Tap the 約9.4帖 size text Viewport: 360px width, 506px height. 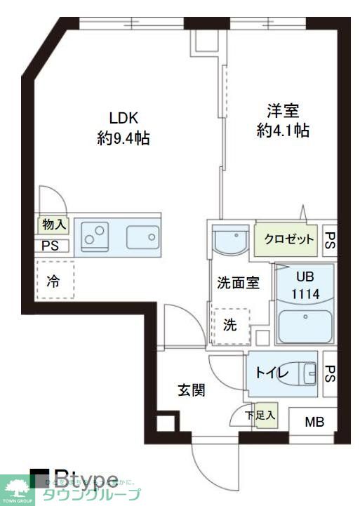pyautogui.click(x=123, y=138)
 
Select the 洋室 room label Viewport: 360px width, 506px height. pyautogui.click(x=283, y=111)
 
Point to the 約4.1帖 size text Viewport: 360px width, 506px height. pyautogui.click(x=283, y=131)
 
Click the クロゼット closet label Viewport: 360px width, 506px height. pyautogui.click(x=288, y=239)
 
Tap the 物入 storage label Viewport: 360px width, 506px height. pyautogui.click(x=53, y=225)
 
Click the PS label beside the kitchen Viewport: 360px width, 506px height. pyautogui.click(x=51, y=246)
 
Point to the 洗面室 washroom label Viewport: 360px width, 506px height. pyautogui.click(x=238, y=283)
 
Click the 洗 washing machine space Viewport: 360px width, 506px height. pyautogui.click(x=230, y=325)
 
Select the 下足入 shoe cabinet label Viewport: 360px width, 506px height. pyautogui.click(x=260, y=415)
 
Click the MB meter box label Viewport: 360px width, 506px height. pyautogui.click(x=314, y=422)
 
